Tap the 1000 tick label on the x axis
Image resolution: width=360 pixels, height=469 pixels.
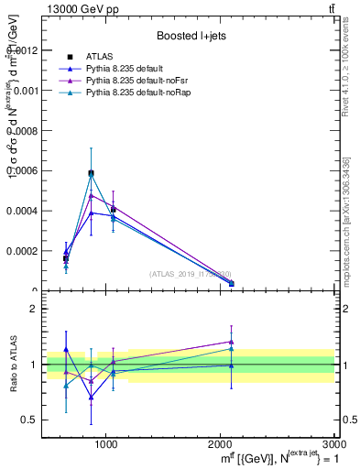click(106, 443)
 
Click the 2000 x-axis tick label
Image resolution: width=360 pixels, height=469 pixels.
click(221, 443)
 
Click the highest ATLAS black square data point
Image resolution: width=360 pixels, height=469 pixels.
click(91, 172)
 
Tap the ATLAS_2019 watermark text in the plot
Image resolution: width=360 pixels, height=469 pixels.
click(191, 274)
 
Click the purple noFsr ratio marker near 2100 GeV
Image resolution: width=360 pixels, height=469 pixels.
click(231, 342)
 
